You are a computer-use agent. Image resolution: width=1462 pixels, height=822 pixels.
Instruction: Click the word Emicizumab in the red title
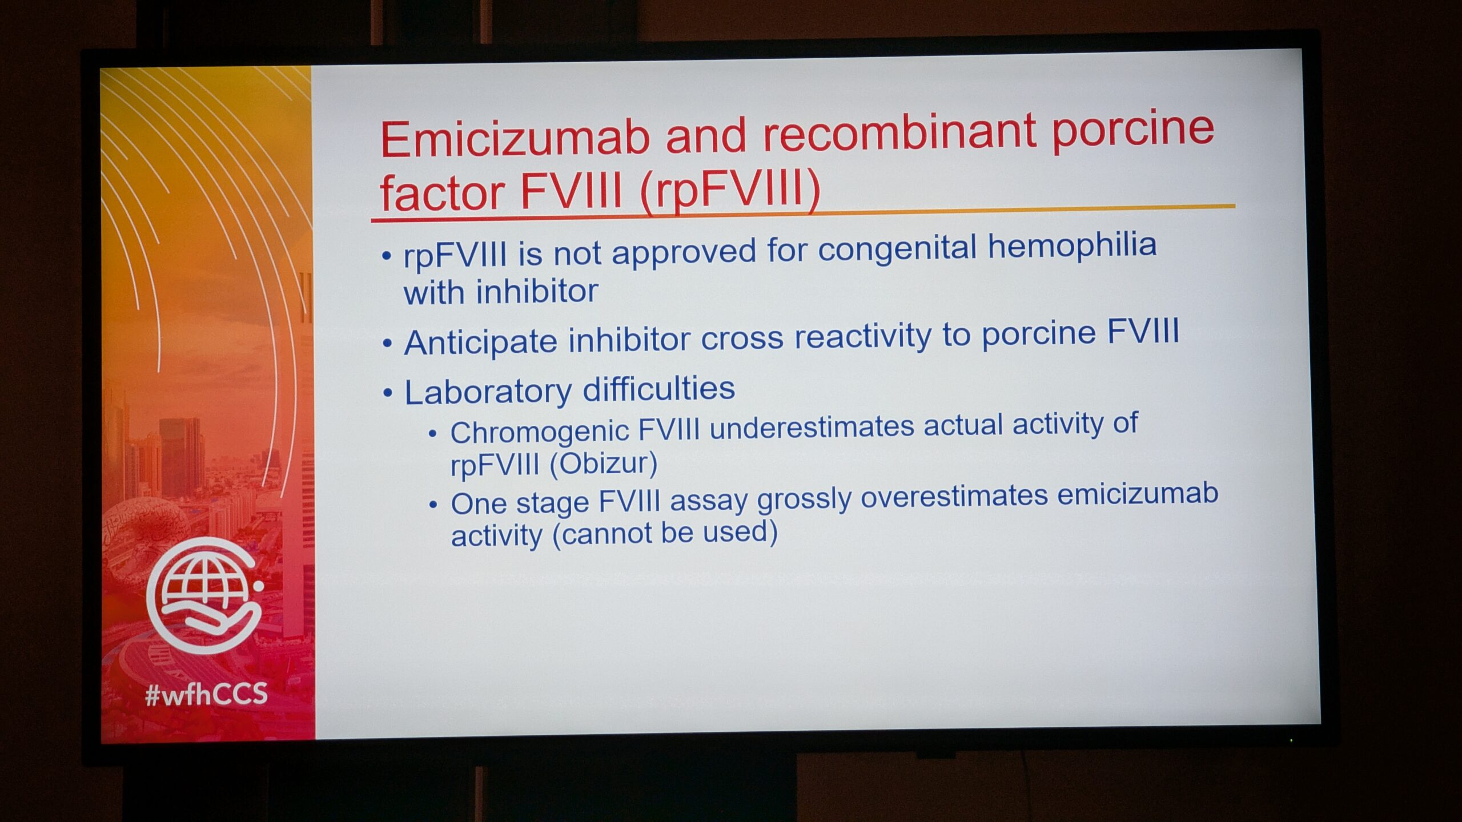point(515,139)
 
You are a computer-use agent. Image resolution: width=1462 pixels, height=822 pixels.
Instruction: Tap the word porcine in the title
point(1133,131)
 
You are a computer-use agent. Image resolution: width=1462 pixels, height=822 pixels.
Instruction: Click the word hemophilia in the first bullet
point(1073,245)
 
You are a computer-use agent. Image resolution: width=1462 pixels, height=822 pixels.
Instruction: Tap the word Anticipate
point(480,342)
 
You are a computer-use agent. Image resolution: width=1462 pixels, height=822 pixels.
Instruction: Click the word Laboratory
point(488,392)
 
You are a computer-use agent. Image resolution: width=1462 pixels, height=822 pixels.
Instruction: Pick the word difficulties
point(658,389)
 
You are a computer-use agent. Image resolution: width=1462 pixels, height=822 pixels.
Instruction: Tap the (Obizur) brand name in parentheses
point(603,464)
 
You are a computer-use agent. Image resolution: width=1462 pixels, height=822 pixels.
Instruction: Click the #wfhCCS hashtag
point(207,694)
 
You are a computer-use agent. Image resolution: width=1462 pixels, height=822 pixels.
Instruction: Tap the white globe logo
point(206,595)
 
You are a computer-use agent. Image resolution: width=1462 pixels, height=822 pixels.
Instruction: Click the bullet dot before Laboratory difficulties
point(388,393)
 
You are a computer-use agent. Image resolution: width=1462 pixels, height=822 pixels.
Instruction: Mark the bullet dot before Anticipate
point(388,344)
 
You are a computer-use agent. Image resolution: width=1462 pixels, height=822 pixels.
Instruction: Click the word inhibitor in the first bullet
point(537,292)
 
